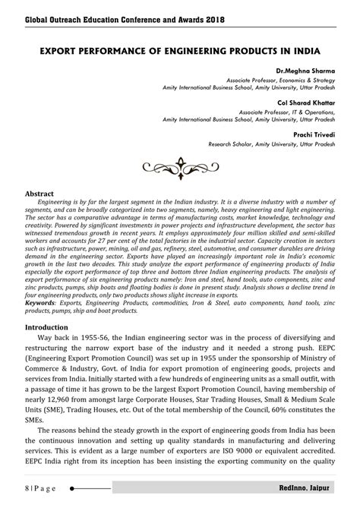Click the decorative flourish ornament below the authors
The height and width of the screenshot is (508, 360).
[180, 164]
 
